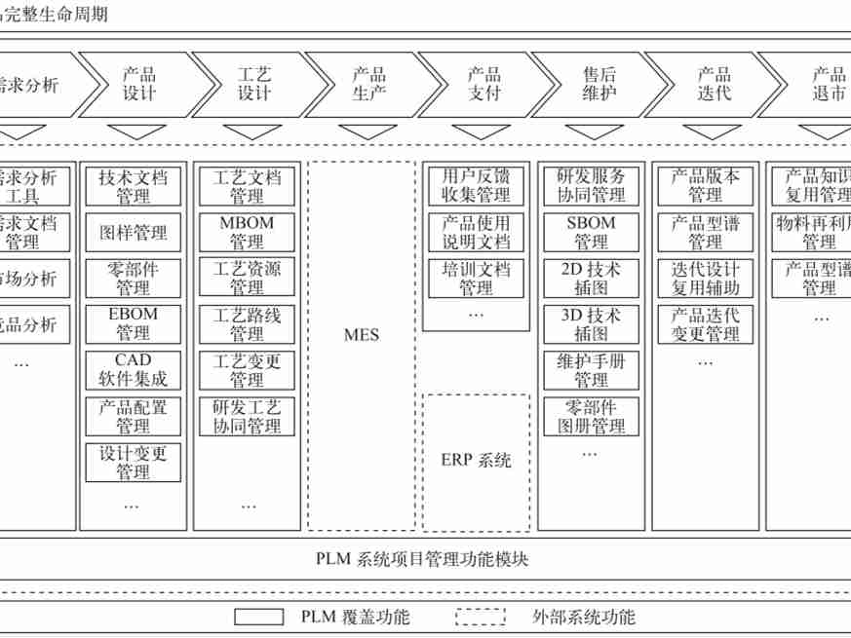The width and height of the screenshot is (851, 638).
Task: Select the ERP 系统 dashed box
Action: pyautogui.click(x=476, y=462)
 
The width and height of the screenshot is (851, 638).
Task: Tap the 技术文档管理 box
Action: pyautogui.click(x=133, y=187)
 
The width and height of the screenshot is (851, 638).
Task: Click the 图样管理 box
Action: pyautogui.click(x=133, y=233)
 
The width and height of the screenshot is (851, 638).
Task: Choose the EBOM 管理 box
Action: pyautogui.click(x=133, y=324)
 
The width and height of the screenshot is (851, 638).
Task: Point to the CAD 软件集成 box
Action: pyautogui.click(x=133, y=370)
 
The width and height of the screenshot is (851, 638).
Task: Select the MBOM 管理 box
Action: pyautogui.click(x=247, y=233)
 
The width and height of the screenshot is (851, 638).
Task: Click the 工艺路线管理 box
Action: pyautogui.click(x=247, y=324)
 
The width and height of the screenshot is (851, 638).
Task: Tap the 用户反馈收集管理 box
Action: pyautogui.click(x=476, y=187)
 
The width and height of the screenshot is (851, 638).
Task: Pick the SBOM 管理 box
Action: pyautogui.click(x=591, y=233)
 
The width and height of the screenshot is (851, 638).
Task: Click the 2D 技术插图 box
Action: pyautogui.click(x=591, y=279)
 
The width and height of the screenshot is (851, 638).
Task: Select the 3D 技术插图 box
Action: pyautogui.click(x=591, y=324)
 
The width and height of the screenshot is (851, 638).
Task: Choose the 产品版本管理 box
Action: pyautogui.click(x=705, y=187)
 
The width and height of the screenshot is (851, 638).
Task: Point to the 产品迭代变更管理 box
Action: pyautogui.click(x=705, y=324)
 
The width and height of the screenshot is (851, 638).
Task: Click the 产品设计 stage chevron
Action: pyautogui.click(x=139, y=85)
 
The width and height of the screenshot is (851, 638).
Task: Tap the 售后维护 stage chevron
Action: pyautogui.click(x=599, y=85)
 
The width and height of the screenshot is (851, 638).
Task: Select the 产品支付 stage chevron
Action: pyautogui.click(x=484, y=85)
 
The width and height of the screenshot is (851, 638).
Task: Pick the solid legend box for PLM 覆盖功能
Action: pyautogui.click(x=258, y=618)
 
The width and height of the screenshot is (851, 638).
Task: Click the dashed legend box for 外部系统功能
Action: pyautogui.click(x=481, y=618)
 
